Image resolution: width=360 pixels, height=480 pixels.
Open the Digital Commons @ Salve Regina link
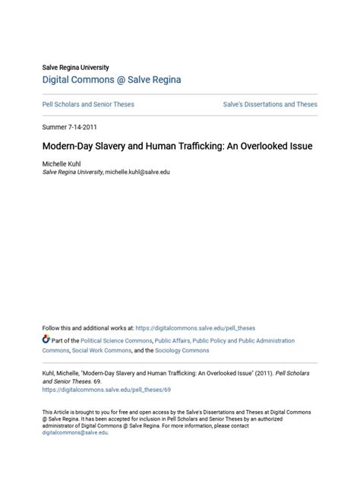[112, 80]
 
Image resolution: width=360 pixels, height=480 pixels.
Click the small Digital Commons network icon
[46, 339]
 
